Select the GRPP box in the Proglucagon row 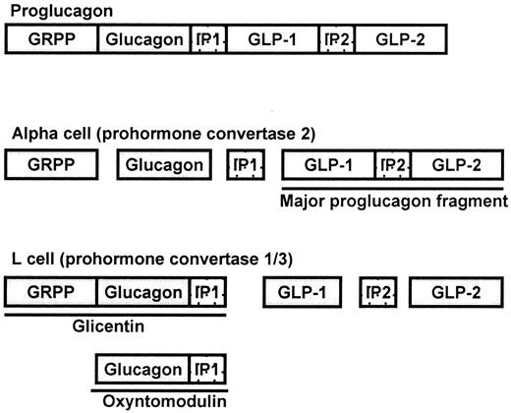coord(52,40)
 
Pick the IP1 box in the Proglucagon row coord(208,40)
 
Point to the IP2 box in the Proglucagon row coord(336,40)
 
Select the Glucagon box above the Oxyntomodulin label coord(142,370)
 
